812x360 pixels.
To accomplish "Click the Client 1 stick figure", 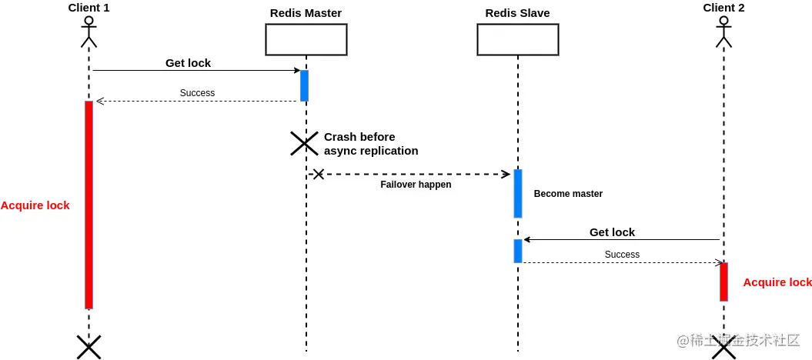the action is (x=89, y=32).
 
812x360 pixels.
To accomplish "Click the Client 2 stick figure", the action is (x=723, y=32).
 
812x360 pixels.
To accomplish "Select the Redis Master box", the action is (x=306, y=39).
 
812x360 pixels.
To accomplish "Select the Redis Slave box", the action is (x=518, y=39).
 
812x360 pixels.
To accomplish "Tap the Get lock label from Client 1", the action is (x=188, y=63).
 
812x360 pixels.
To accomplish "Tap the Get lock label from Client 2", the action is (x=612, y=232).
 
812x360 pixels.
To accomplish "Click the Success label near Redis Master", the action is (x=197, y=93).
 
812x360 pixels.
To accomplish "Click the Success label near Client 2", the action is (x=622, y=255).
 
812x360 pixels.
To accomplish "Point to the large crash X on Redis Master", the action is (x=304, y=143).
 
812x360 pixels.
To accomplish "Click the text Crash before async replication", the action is (x=371, y=144).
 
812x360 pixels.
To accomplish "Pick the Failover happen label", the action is (x=416, y=184).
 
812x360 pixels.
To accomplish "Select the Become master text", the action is (x=568, y=194).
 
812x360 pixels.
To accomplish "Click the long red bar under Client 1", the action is (x=89, y=205).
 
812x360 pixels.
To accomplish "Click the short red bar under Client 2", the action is (x=723, y=282).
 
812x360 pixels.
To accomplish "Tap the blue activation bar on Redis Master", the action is (x=305, y=86).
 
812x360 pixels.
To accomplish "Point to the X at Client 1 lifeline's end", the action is (x=89, y=347).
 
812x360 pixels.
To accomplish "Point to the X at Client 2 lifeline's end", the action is (x=723, y=348).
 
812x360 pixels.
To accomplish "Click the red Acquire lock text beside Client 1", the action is (x=35, y=205).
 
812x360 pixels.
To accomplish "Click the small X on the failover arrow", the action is (x=319, y=175).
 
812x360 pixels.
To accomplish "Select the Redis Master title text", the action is (x=306, y=13).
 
